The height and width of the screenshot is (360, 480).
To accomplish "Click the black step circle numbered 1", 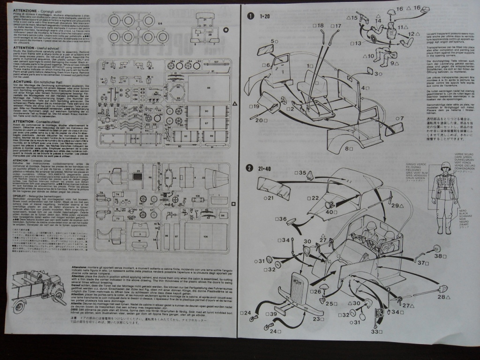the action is [251, 15].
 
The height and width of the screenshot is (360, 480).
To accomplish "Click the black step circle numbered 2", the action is [250, 169].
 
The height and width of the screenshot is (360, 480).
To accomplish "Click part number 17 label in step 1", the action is [337, 25].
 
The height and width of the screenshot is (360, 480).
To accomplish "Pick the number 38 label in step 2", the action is [438, 256].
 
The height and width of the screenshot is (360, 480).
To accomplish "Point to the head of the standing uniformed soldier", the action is [445, 167].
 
